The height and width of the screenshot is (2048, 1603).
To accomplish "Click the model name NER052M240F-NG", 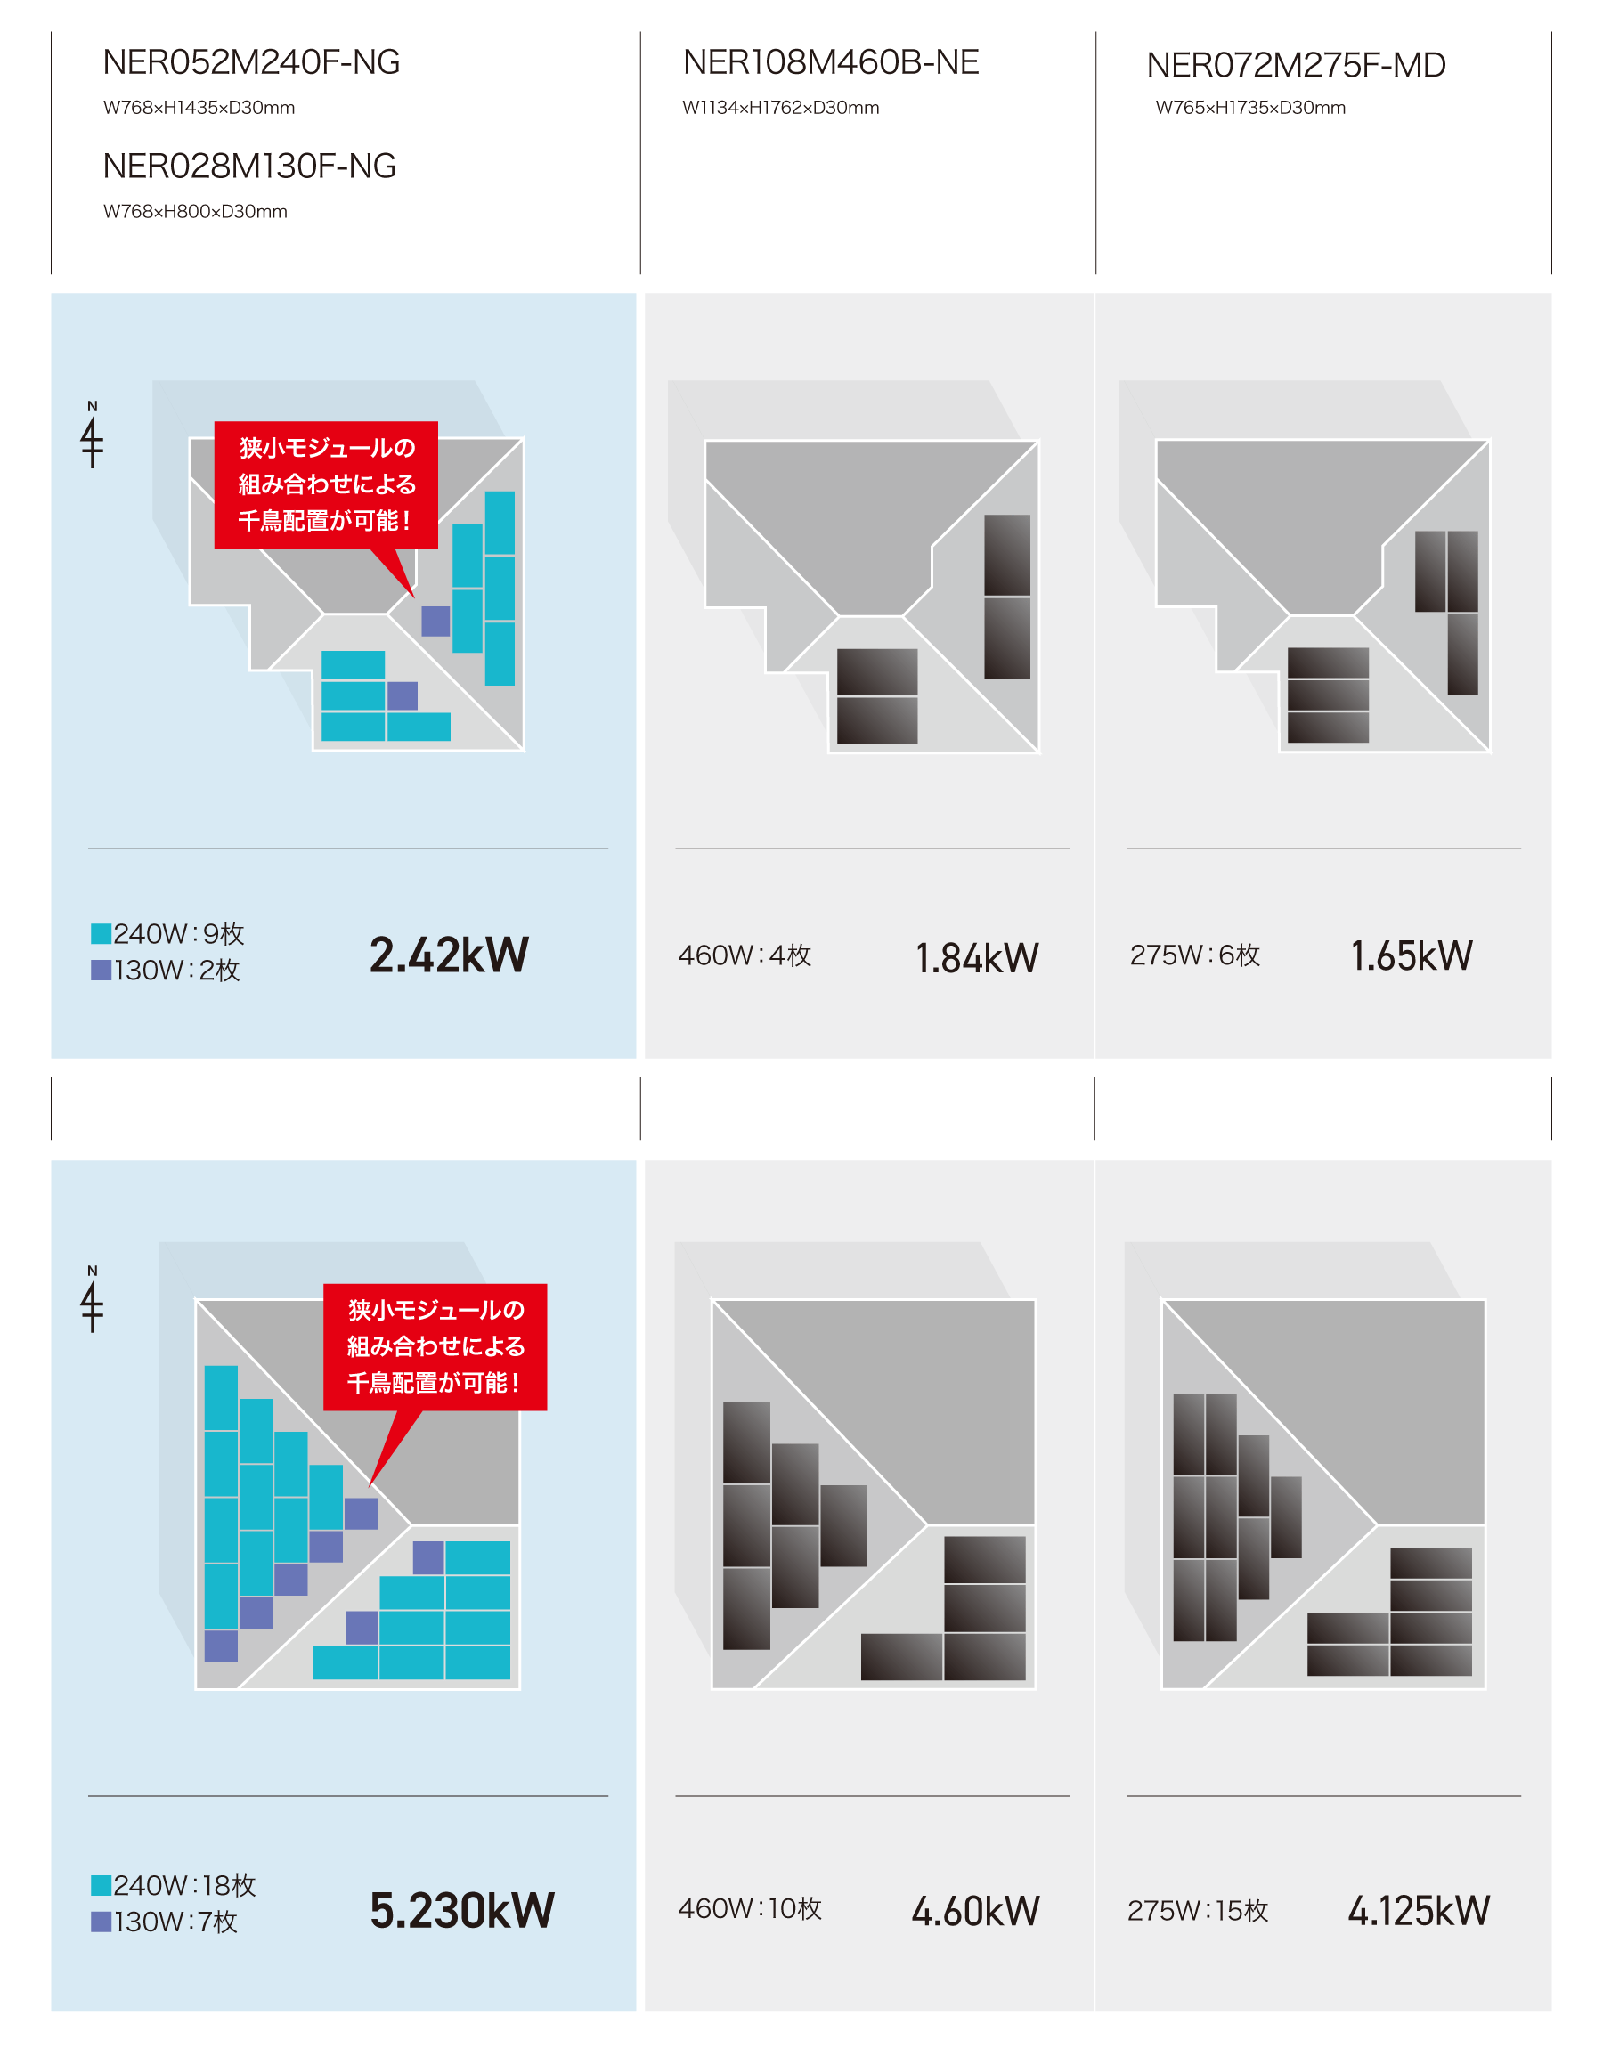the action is tap(251, 63).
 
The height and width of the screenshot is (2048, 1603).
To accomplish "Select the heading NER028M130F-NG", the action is tap(249, 166).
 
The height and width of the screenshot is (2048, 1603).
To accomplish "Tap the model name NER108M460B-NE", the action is tap(831, 63).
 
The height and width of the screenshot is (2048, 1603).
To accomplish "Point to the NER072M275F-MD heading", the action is tap(1296, 66).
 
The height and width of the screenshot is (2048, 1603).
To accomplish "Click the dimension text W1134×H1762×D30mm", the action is tap(781, 108).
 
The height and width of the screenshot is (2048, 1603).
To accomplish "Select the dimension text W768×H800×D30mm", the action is tap(195, 212).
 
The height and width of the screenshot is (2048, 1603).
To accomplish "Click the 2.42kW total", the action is tap(449, 955).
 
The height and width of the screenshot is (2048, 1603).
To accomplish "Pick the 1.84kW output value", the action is tap(977, 958).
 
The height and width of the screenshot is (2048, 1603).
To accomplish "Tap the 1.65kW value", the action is tap(1412, 956).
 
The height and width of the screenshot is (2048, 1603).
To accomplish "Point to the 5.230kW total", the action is tap(462, 1910).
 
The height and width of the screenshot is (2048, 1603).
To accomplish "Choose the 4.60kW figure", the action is tap(976, 1911).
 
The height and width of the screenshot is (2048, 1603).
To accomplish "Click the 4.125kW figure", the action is tap(1419, 1911).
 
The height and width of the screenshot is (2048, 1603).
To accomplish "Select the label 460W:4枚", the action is tap(745, 956).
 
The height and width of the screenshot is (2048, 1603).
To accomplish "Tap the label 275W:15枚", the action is tap(1198, 1911).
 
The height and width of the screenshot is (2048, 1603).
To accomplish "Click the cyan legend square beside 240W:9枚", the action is tap(102, 934).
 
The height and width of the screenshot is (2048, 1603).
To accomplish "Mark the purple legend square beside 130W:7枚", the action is tap(102, 1922).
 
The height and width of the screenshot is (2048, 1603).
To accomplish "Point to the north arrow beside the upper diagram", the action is tap(92, 435).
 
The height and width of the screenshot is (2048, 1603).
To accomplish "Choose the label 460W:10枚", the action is tap(750, 1909).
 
